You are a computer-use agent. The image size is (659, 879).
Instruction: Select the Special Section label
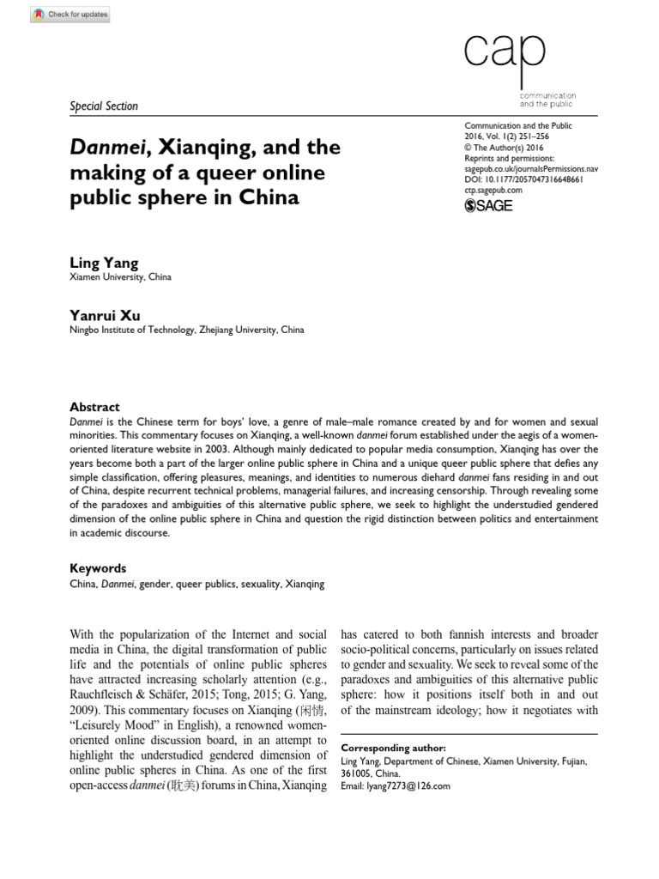[x=103, y=106]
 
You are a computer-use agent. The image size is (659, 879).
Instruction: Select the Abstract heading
[x=94, y=407]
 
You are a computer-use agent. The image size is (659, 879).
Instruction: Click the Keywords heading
[x=97, y=568]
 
